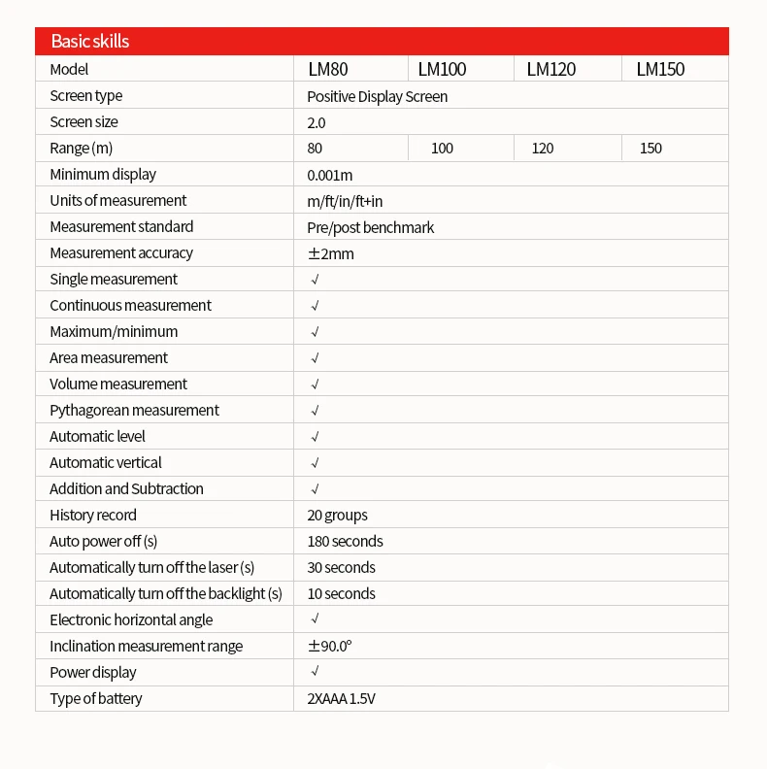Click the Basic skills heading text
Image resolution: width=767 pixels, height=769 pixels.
(x=89, y=42)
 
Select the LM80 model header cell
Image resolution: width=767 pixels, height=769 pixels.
(x=328, y=69)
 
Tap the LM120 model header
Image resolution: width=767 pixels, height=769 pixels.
(x=550, y=69)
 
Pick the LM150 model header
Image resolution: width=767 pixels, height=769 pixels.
(x=660, y=69)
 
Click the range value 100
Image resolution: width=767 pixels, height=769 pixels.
(x=442, y=149)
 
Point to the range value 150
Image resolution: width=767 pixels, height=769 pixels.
(x=650, y=149)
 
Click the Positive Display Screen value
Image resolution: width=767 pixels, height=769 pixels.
(x=377, y=96)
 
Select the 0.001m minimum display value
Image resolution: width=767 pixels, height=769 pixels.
(x=329, y=175)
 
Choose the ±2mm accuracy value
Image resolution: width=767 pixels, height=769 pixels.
(x=330, y=253)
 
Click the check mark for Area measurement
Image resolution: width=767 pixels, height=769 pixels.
(x=315, y=358)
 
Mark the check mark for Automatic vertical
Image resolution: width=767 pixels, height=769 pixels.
(x=315, y=463)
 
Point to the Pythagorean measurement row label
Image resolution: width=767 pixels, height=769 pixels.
(x=134, y=411)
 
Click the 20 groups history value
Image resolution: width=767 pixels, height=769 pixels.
(x=337, y=516)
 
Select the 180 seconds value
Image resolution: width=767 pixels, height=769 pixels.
(x=345, y=542)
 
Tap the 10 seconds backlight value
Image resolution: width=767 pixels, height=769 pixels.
(x=341, y=594)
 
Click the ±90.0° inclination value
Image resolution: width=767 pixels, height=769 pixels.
(x=329, y=647)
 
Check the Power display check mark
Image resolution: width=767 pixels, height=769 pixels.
(x=315, y=672)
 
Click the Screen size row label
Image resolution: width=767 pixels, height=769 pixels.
(x=83, y=122)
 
